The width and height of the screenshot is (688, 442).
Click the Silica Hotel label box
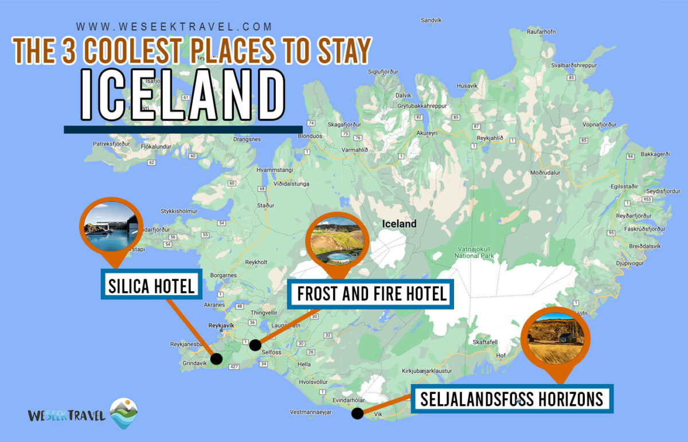(x=151, y=284)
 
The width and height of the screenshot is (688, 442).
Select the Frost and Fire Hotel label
(x=371, y=294)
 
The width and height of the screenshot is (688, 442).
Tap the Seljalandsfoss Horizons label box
(x=512, y=399)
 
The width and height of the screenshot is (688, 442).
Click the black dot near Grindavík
(x=216, y=359)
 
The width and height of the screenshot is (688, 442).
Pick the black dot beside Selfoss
(x=255, y=345)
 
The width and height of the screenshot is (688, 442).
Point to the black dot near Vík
(x=357, y=413)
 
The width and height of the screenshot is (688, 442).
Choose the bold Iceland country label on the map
(x=400, y=224)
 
